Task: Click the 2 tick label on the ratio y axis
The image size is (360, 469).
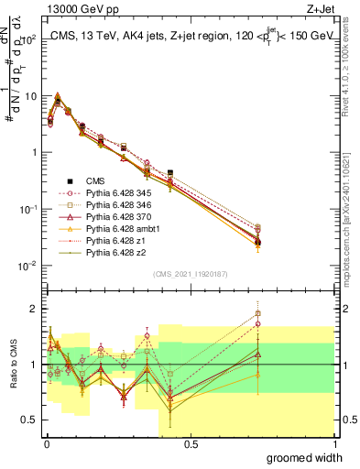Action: [x=35, y=309]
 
